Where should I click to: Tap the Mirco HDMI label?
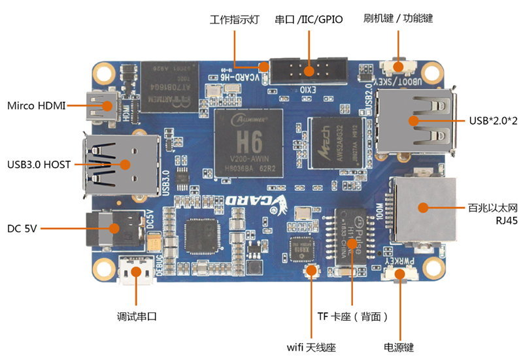point(37,105)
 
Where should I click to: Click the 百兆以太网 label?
point(492,208)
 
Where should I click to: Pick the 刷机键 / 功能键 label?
point(398,18)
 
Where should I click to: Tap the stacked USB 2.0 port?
point(415,120)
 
